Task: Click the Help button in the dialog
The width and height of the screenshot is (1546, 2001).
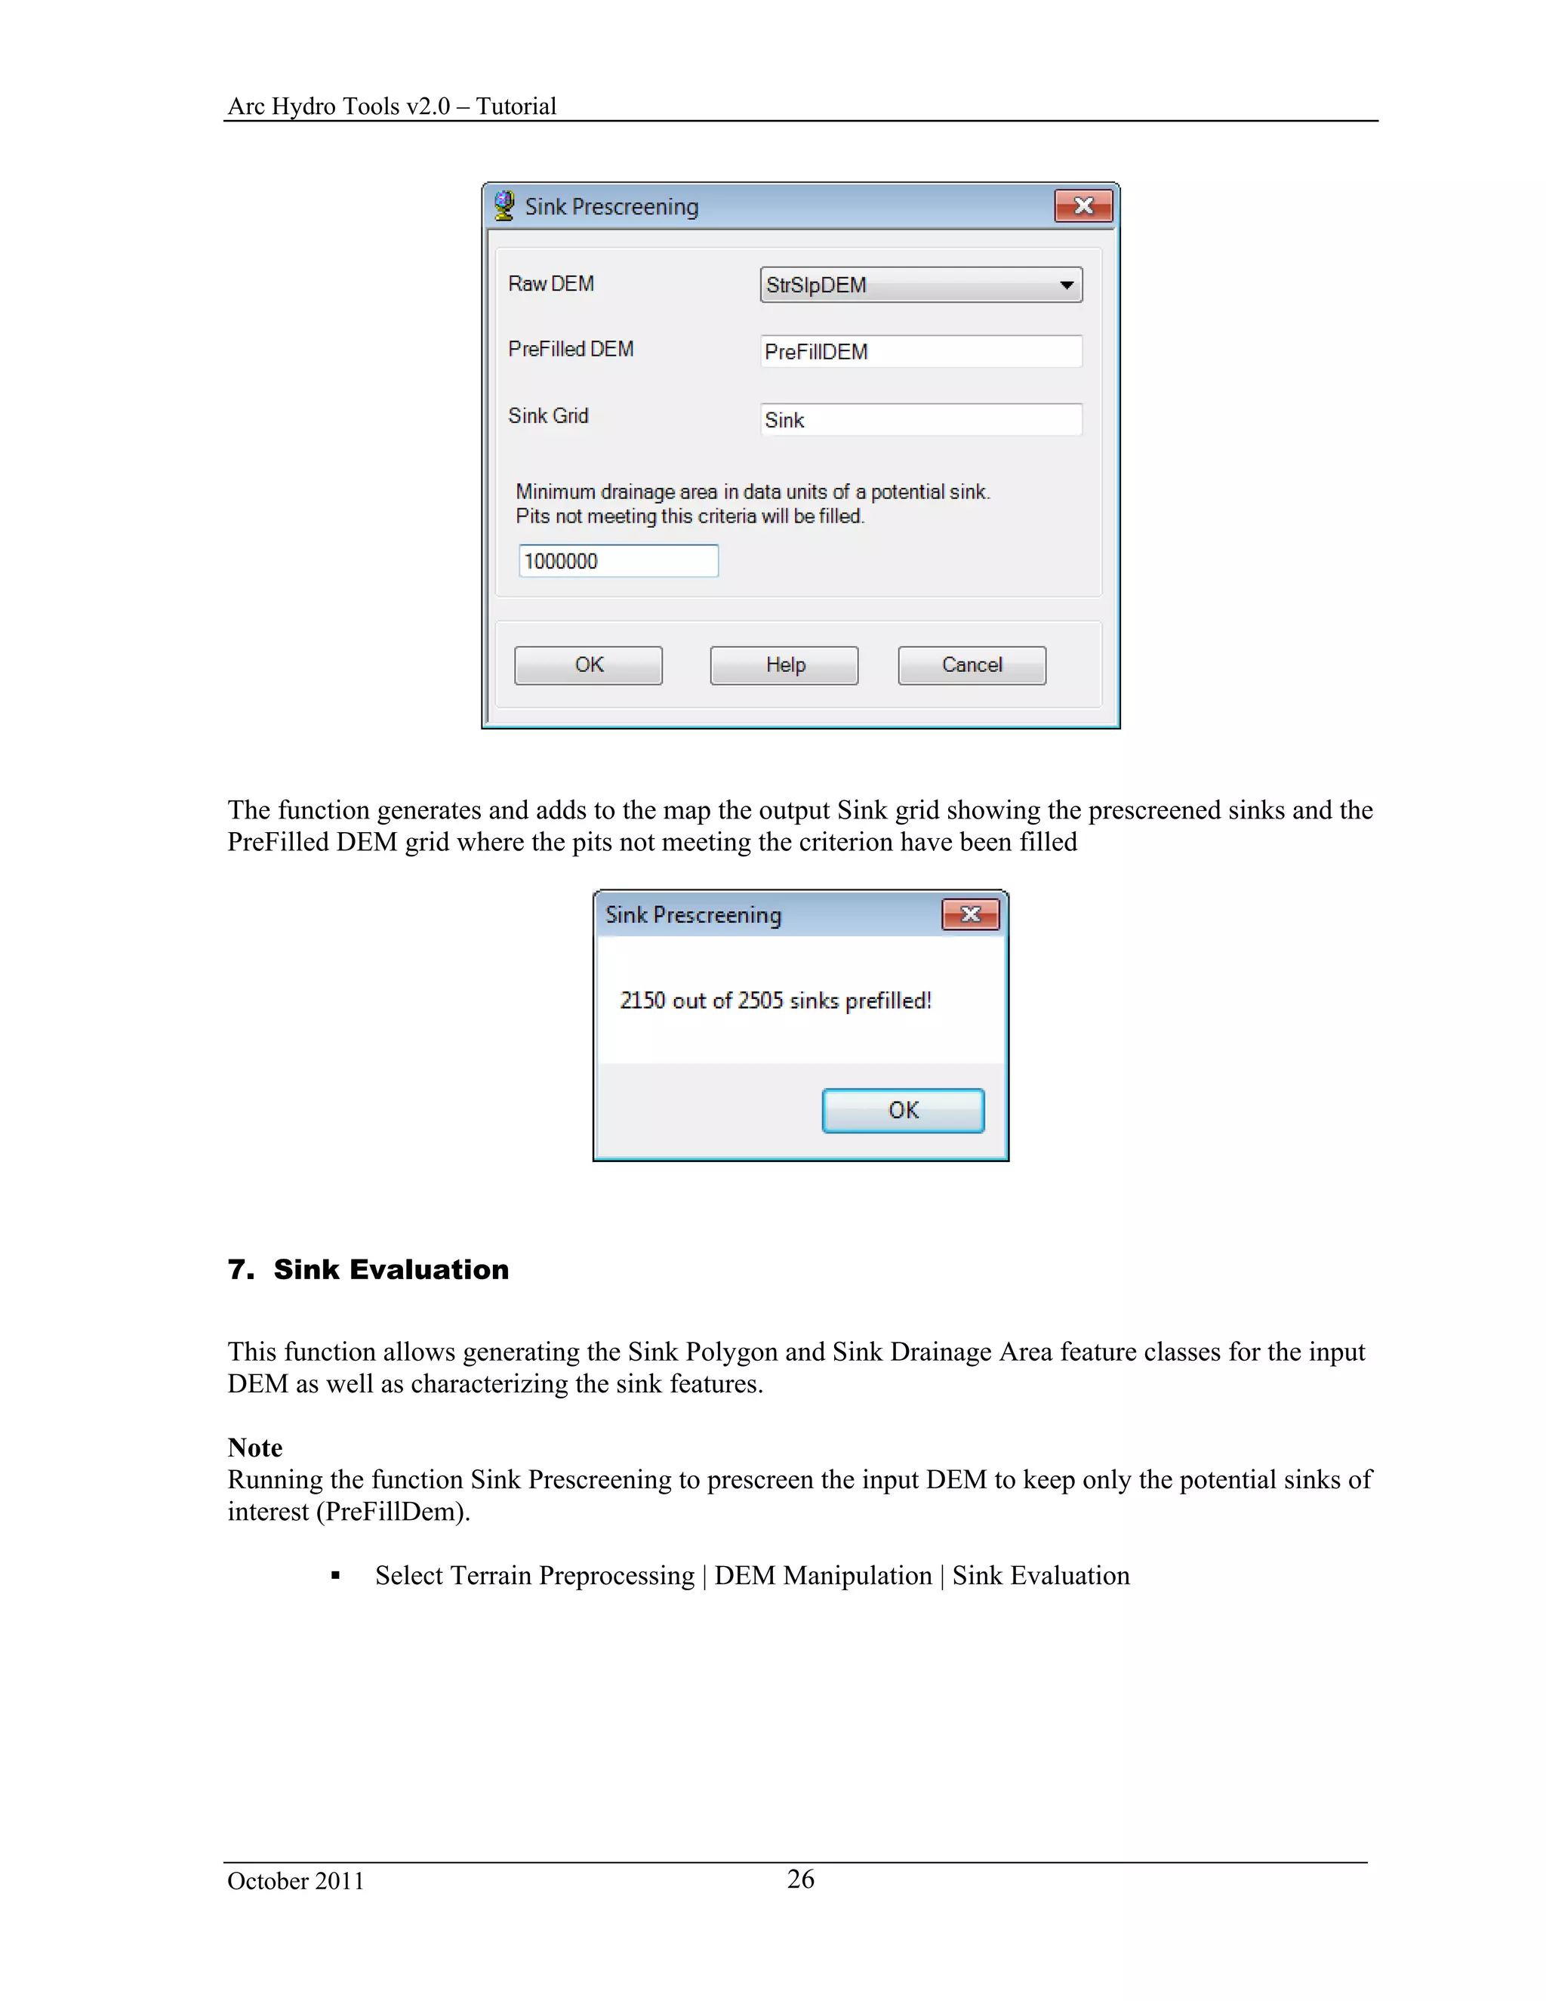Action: (x=784, y=665)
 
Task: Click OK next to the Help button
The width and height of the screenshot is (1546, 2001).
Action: (x=588, y=665)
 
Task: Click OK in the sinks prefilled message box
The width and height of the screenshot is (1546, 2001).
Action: (x=903, y=1111)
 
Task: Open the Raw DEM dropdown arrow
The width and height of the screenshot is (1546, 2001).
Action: (x=1066, y=285)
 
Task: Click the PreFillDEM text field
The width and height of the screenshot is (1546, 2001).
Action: (x=920, y=352)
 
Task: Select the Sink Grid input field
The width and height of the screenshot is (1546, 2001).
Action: (x=920, y=420)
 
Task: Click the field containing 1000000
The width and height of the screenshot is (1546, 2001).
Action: (x=618, y=561)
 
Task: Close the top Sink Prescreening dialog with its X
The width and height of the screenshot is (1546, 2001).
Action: (x=1083, y=206)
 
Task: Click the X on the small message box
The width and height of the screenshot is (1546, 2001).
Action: (x=971, y=914)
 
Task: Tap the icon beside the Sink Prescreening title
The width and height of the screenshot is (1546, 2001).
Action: (x=504, y=205)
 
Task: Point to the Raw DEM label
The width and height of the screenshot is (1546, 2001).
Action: (x=551, y=284)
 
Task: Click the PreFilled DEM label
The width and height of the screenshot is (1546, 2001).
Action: (x=571, y=349)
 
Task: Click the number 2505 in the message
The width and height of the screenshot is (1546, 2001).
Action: (x=760, y=1000)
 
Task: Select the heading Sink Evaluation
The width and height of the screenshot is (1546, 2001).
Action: (x=390, y=1269)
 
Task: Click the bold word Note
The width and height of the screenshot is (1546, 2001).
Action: (x=254, y=1448)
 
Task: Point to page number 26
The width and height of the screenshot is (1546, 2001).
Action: (x=800, y=1879)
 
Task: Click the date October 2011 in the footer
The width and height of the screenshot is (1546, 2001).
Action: (x=296, y=1881)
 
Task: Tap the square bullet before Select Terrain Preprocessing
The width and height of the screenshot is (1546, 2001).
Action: (x=336, y=1576)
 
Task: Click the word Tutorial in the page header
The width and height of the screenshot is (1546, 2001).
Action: (x=516, y=106)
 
